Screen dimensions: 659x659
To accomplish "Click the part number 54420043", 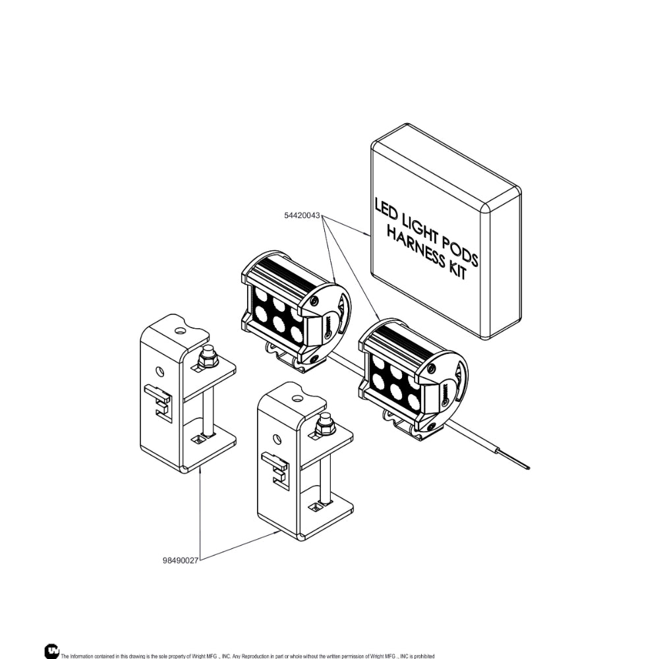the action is pyautogui.click(x=302, y=215).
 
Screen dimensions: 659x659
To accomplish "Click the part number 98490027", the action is pyautogui.click(x=181, y=561).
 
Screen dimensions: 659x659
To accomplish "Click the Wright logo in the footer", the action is pyautogui.click(x=51, y=650).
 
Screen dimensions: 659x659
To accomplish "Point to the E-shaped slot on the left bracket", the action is pyautogui.click(x=158, y=400).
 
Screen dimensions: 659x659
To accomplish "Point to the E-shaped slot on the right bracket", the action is pyautogui.click(x=275, y=468).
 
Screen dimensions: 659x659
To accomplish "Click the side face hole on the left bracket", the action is pyautogui.click(x=159, y=372).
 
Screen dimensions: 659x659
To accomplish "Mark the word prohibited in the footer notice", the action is pyautogui.click(x=424, y=656).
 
